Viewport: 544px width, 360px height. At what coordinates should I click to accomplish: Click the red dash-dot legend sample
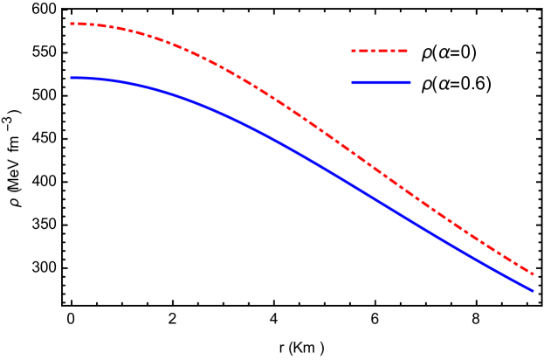pyautogui.click(x=380, y=51)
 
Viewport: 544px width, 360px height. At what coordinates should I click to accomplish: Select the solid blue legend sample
pyautogui.click(x=381, y=82)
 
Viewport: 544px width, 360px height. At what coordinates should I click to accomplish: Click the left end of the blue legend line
pyautogui.click(x=352, y=82)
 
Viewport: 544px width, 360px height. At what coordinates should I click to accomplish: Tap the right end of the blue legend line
pyautogui.click(x=410, y=82)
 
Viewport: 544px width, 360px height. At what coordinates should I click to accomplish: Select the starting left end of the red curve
pyautogui.click(x=72, y=24)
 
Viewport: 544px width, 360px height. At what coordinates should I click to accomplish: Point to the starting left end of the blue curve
pyautogui.click(x=72, y=78)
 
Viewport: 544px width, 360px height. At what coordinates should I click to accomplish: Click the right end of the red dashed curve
pyautogui.click(x=533, y=273)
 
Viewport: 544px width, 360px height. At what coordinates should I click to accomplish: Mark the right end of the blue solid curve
pyautogui.click(x=533, y=290)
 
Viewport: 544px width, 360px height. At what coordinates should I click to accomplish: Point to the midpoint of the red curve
pyautogui.click(x=301, y=119)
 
